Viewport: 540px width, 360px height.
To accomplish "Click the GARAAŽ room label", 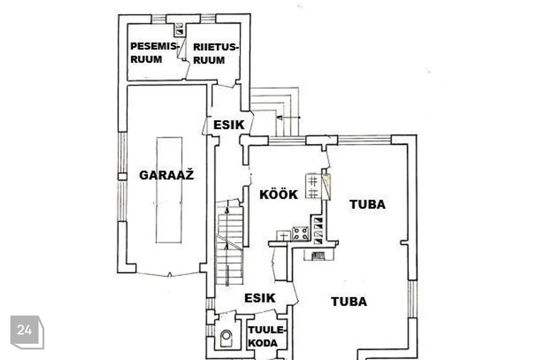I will pos(166,175).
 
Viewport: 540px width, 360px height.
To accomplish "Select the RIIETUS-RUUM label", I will pos(215,54).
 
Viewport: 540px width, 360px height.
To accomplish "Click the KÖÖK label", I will pos(278,195).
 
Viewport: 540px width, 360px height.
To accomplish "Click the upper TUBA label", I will pos(367,204).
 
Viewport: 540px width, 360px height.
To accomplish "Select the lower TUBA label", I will pos(349,301).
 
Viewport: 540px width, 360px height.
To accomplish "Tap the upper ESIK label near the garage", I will pos(229,125).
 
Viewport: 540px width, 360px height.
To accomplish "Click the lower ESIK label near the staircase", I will pos(259,298).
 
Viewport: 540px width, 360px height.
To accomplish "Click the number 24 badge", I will pos(25,330).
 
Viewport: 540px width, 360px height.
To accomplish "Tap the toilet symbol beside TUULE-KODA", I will pos(226,338).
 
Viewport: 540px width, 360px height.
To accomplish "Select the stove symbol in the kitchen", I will pos(300,233).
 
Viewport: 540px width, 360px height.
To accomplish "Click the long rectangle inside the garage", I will pos(169,190).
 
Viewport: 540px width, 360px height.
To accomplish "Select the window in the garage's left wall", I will pos(122,152).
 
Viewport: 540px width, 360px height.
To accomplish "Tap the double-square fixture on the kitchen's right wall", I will pos(313,186).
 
